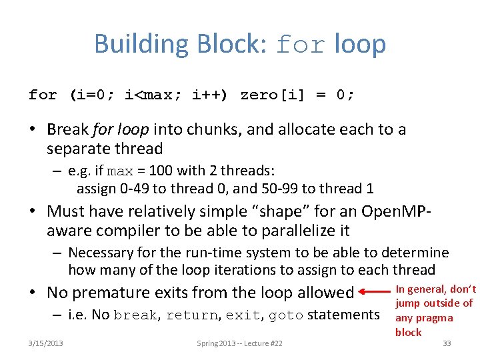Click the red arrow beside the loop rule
[x=373, y=292]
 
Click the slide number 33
[x=447, y=343]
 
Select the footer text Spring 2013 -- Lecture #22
[x=240, y=343]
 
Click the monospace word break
[x=135, y=315]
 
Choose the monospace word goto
[x=287, y=315]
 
